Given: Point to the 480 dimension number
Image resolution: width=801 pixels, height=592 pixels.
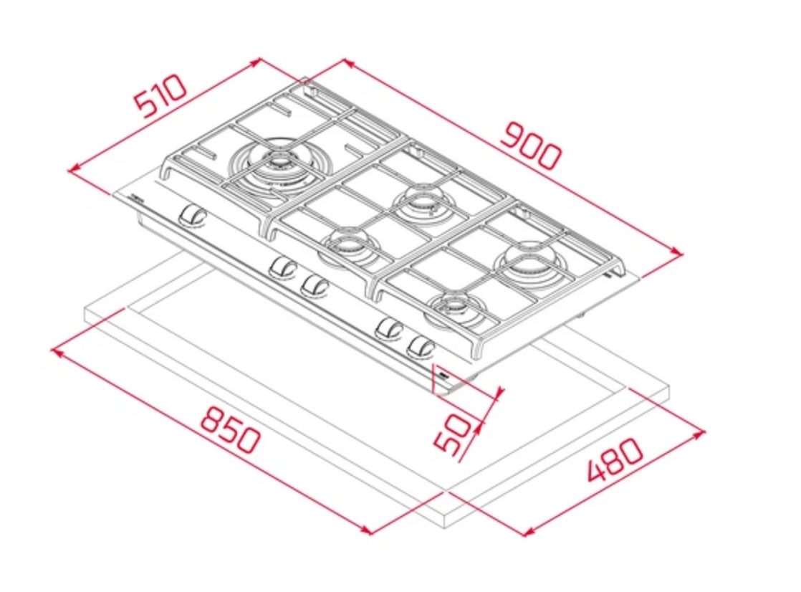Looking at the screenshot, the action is coord(615,459).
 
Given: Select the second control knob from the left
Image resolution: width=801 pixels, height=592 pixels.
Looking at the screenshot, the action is coord(283,267).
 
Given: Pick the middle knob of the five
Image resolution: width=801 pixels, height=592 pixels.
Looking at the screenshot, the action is coord(315,285).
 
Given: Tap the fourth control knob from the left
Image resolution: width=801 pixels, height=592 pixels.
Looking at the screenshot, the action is coord(389,329).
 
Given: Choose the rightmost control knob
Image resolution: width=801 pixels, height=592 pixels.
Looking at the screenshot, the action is coord(421,347).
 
